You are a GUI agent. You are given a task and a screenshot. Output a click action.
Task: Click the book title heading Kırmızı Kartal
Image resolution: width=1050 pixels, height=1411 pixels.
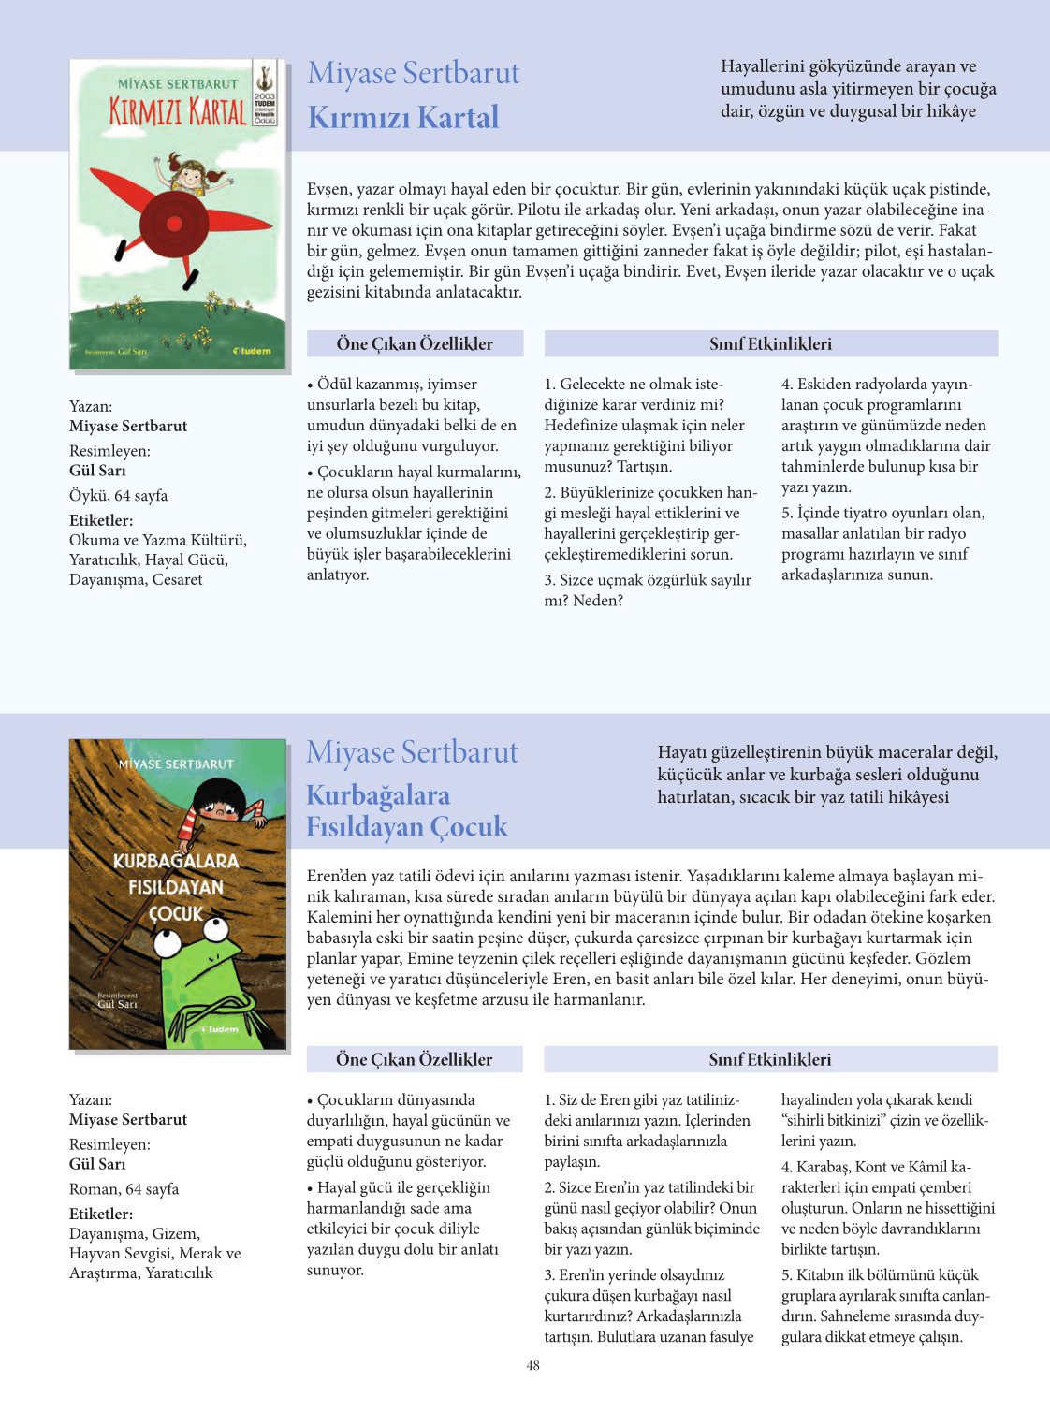point(403,118)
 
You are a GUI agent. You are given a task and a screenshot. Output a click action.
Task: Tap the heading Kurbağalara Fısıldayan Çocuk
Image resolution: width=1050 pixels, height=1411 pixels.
point(406,811)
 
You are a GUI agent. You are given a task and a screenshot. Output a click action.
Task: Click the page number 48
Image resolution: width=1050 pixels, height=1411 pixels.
point(532,1365)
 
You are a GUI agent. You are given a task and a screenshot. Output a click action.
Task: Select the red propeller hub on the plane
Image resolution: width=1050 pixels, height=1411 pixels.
point(173,223)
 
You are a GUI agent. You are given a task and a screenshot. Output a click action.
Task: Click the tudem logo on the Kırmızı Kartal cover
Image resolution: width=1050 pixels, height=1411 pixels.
point(252,351)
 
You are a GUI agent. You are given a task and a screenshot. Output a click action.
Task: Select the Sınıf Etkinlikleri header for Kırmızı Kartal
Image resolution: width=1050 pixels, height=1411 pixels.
point(770,343)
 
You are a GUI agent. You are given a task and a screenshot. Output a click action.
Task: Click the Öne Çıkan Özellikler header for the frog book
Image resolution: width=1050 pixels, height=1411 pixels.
point(414,1059)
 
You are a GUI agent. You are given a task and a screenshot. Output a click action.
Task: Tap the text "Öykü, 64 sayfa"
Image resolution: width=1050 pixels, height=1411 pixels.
point(118,495)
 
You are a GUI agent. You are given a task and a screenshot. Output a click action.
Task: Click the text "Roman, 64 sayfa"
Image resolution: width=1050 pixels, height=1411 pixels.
point(124,1189)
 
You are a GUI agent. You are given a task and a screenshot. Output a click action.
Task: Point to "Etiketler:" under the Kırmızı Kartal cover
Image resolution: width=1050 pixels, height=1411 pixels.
point(101,520)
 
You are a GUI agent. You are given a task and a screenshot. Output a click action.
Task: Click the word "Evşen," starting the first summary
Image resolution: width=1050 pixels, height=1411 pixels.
point(328,189)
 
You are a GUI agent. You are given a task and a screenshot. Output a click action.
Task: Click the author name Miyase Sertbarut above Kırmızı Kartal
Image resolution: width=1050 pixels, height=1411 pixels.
point(413,73)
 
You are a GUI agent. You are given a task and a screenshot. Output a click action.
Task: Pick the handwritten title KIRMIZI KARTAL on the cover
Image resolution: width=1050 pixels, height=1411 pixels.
point(178,112)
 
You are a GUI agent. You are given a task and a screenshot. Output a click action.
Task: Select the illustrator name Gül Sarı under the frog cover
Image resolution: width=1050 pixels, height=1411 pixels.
point(97,1164)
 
